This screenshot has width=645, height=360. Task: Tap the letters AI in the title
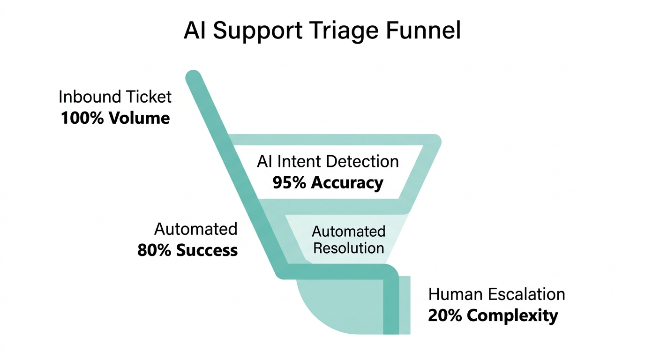(x=195, y=30)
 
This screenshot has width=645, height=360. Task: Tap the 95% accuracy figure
(x=289, y=182)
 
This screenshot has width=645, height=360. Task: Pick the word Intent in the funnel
(x=300, y=162)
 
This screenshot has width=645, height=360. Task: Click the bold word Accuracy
(x=347, y=182)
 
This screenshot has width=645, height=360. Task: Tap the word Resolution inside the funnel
(x=348, y=247)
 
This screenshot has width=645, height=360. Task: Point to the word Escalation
(x=527, y=294)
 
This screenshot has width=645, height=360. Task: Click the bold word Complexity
(x=513, y=315)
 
